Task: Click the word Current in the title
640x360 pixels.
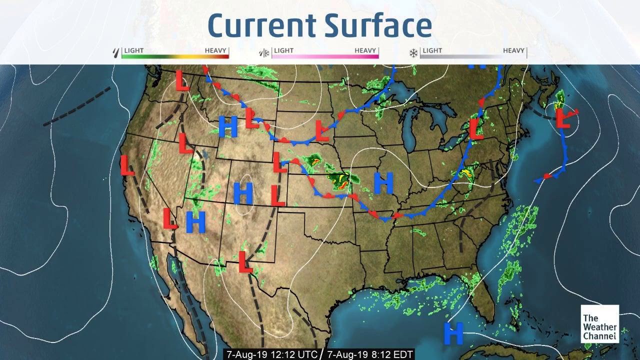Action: (x=264, y=25)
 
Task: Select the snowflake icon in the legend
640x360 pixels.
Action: (x=413, y=52)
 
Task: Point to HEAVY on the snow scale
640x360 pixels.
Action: (x=513, y=50)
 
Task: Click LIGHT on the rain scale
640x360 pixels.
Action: (x=133, y=50)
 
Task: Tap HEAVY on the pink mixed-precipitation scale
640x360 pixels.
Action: (x=365, y=50)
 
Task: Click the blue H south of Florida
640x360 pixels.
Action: (x=453, y=333)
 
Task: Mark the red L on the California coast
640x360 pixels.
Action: (x=127, y=165)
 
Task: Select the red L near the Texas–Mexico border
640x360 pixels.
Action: (x=244, y=262)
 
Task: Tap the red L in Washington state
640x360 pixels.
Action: (x=182, y=80)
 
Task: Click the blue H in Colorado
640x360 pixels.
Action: (x=243, y=193)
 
